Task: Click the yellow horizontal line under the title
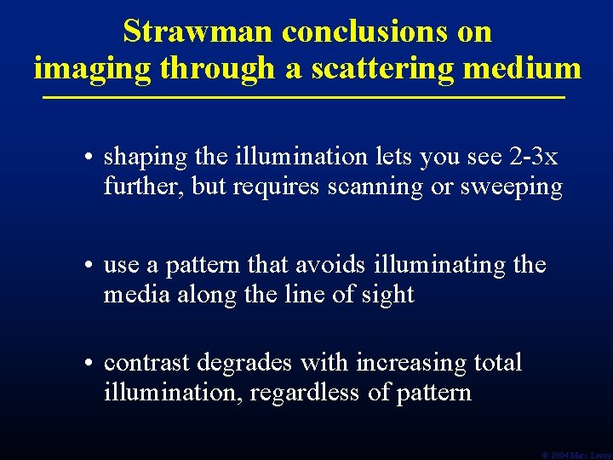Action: pos(305,99)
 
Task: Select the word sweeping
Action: pos(512,187)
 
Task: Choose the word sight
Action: pos(387,296)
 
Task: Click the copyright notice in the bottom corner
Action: pos(576,455)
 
